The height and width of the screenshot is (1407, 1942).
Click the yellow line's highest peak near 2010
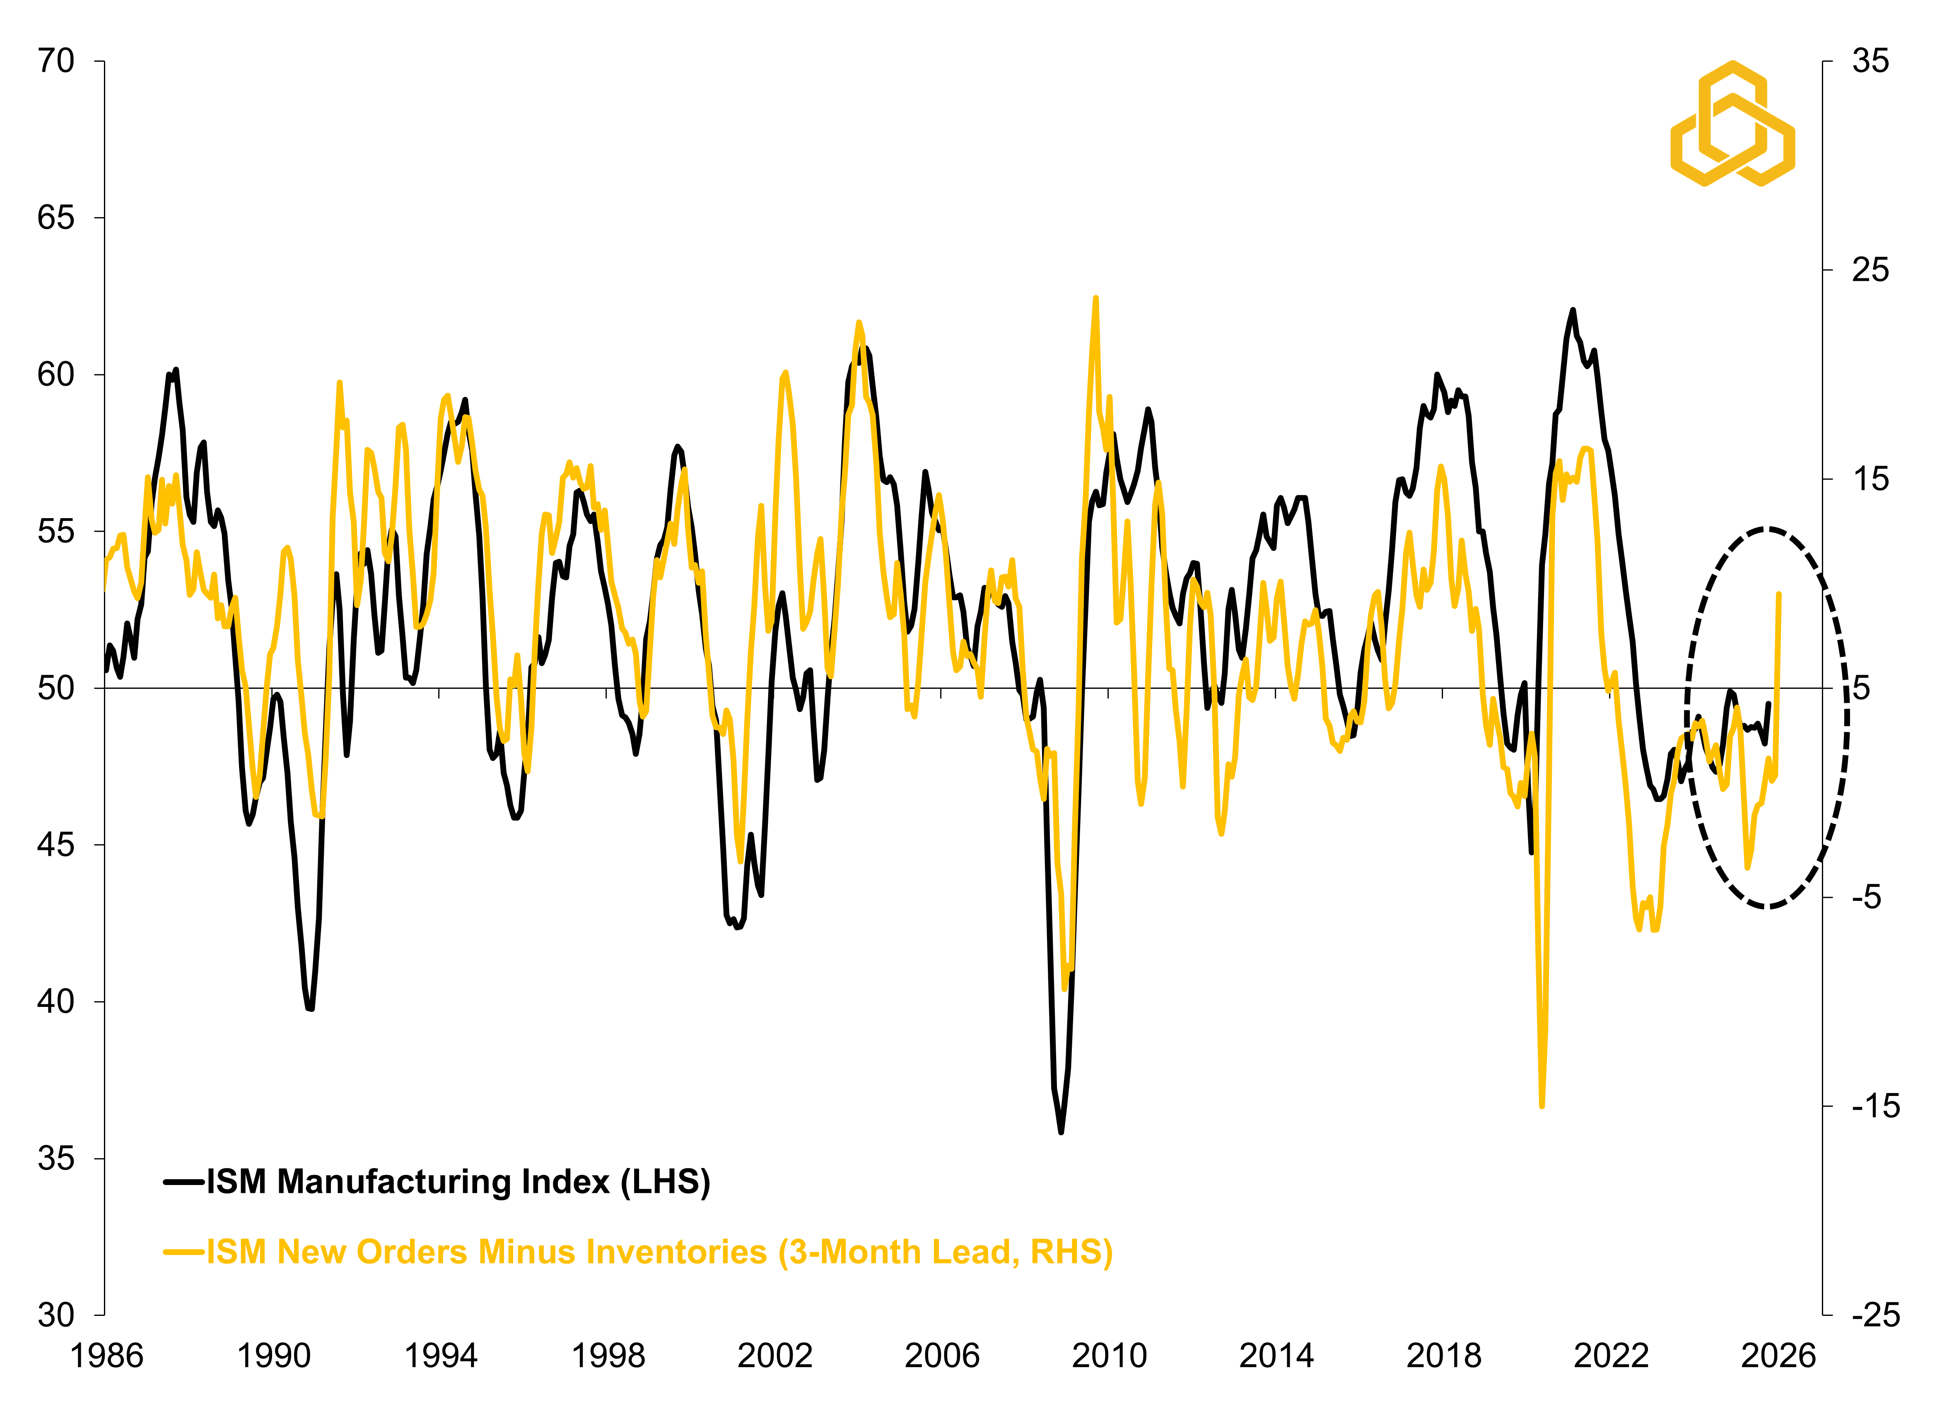pyautogui.click(x=1095, y=299)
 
